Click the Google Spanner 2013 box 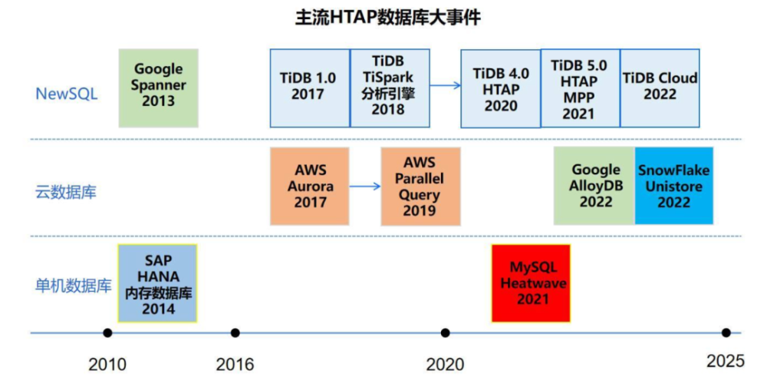tap(159, 88)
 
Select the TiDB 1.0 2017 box tap(310, 88)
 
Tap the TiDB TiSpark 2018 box tap(390, 88)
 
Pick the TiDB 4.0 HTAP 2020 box tap(500, 88)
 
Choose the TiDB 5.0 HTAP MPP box tap(580, 88)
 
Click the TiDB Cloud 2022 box tap(660, 88)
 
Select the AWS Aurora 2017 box tap(310, 186)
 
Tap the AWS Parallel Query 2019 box tap(420, 186)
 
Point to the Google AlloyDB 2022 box tap(594, 186)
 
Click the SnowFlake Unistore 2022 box tap(674, 186)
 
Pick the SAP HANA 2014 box tap(157, 283)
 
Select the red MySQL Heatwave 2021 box tap(532, 283)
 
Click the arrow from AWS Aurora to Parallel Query tap(365, 186)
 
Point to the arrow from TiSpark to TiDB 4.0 tap(446, 85)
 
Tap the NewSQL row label tap(67, 94)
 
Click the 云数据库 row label tap(66, 192)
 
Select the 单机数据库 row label tap(74, 286)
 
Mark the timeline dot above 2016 tap(235, 333)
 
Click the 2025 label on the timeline tap(726, 362)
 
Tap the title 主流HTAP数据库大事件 tap(388, 17)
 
